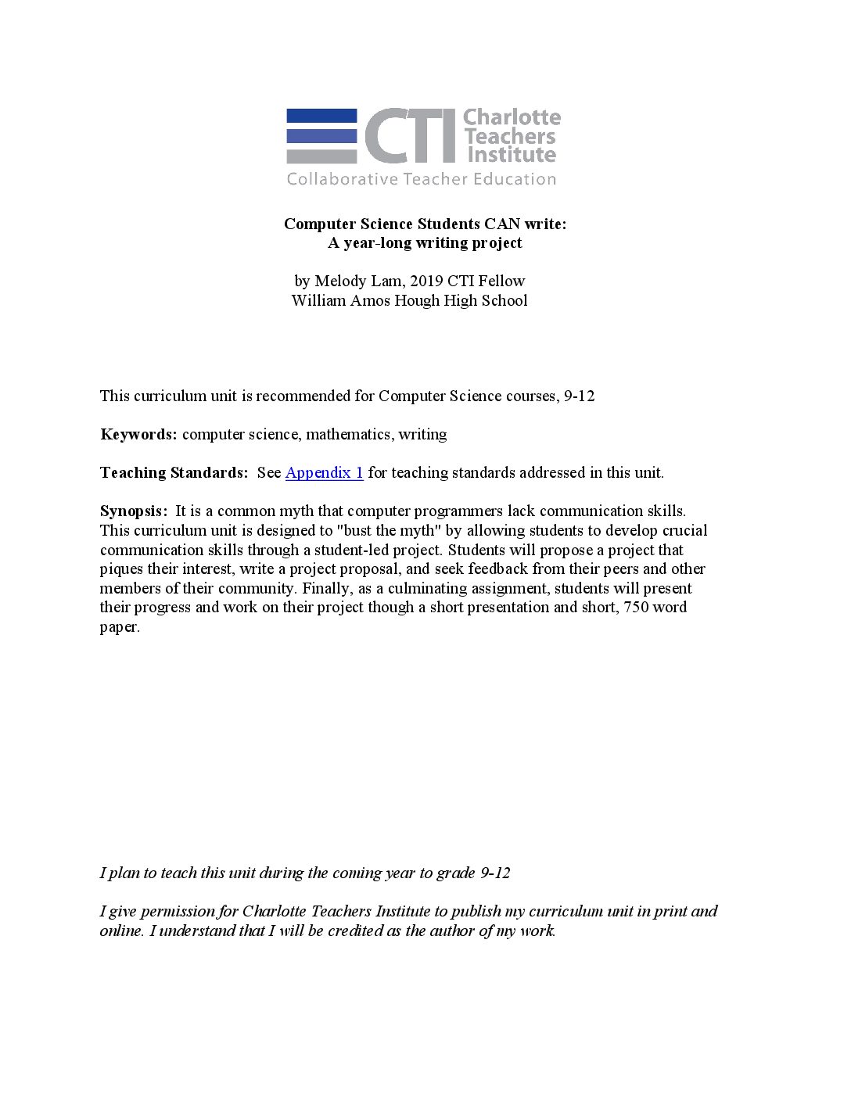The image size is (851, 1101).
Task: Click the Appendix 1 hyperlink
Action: point(324,472)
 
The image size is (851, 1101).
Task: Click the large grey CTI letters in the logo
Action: point(410,136)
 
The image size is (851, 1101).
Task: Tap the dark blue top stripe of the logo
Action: point(321,116)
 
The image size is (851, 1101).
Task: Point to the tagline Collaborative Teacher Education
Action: point(421,179)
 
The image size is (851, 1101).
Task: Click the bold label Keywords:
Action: point(138,434)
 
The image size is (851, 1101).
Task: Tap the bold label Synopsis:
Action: point(134,511)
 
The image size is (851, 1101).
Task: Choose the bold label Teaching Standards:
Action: point(174,472)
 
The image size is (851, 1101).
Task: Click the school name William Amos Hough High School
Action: point(409,300)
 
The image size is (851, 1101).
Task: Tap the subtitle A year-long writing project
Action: point(425,242)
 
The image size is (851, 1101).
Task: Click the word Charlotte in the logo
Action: point(512,117)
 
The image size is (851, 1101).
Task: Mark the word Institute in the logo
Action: point(512,155)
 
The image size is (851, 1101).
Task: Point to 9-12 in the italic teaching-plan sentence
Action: point(495,873)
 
